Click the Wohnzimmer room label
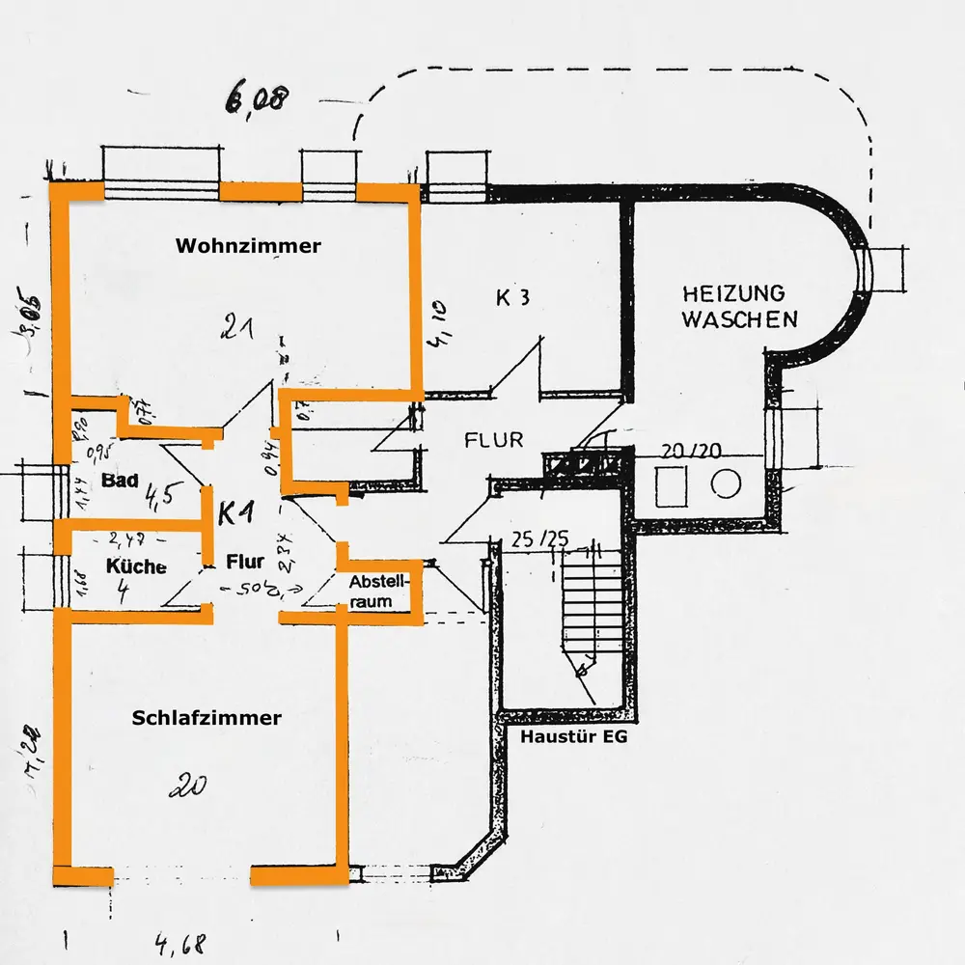click(x=248, y=246)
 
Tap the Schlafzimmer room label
click(x=207, y=718)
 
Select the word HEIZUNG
click(x=733, y=293)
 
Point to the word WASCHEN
click(x=740, y=319)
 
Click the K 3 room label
click(x=512, y=297)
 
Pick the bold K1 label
click(x=237, y=512)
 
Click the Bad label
click(x=120, y=480)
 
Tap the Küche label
click(x=136, y=566)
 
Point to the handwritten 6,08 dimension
click(x=256, y=97)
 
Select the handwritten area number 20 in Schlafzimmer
click(x=188, y=786)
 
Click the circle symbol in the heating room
click(x=725, y=482)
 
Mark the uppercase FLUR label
click(x=493, y=440)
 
